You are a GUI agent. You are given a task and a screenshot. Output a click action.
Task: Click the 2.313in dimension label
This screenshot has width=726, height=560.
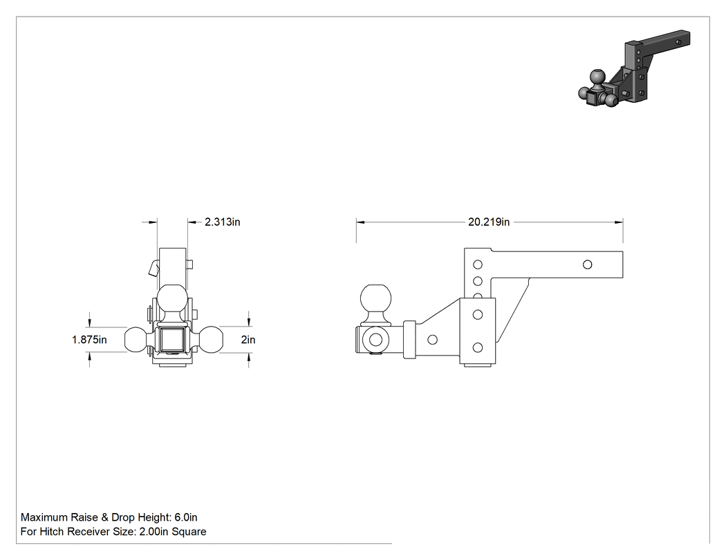(x=222, y=222)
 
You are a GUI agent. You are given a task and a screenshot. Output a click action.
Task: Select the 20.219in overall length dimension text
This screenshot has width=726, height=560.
(x=488, y=222)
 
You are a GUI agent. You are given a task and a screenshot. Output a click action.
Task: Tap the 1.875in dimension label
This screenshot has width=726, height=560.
(x=89, y=340)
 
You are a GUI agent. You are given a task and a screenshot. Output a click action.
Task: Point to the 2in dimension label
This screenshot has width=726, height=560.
(x=248, y=340)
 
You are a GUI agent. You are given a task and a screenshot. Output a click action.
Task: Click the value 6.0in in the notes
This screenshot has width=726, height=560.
(x=186, y=517)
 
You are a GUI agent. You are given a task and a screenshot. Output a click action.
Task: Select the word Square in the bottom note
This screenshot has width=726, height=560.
(x=189, y=532)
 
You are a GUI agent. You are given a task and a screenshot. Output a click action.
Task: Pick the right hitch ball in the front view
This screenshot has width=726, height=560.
(x=210, y=340)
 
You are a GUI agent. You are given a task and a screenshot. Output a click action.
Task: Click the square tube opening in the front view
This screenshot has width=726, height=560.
(x=173, y=340)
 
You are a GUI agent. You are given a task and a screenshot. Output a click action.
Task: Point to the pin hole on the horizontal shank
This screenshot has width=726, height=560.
(x=587, y=264)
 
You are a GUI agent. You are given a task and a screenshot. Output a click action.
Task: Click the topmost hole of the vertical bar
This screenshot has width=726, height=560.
(x=478, y=264)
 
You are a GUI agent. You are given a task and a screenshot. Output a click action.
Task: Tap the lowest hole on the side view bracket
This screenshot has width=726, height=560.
(x=478, y=347)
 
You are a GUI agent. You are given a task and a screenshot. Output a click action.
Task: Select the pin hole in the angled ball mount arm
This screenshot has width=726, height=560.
(x=432, y=340)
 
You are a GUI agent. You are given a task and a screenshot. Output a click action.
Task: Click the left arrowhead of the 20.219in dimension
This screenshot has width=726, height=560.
(x=360, y=222)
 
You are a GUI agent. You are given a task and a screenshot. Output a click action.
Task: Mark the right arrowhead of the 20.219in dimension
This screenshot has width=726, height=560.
(x=619, y=222)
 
